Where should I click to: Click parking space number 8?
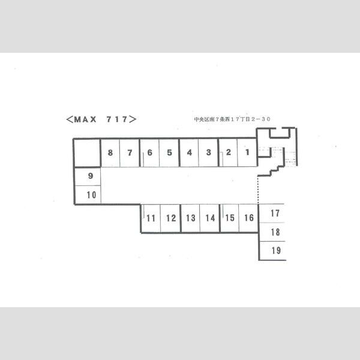click(110, 152)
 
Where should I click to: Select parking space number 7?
click(130, 152)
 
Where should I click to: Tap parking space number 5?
click(169, 152)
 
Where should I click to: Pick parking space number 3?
click(208, 152)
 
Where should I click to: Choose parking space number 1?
click(247, 152)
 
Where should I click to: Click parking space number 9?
click(88, 176)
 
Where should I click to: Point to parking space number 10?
click(88, 194)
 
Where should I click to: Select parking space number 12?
click(170, 218)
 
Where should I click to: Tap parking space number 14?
click(209, 218)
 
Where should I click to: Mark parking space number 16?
click(248, 218)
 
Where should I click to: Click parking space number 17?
click(272, 213)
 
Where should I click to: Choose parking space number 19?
click(273, 251)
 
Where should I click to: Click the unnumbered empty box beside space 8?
click(87, 153)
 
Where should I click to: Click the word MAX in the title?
click(85, 119)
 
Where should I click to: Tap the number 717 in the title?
click(117, 119)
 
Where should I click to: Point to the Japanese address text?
click(232, 119)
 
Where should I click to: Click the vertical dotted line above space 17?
click(258, 190)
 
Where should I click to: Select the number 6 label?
click(149, 152)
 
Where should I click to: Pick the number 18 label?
click(275, 232)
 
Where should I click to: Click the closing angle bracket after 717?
click(133, 119)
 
